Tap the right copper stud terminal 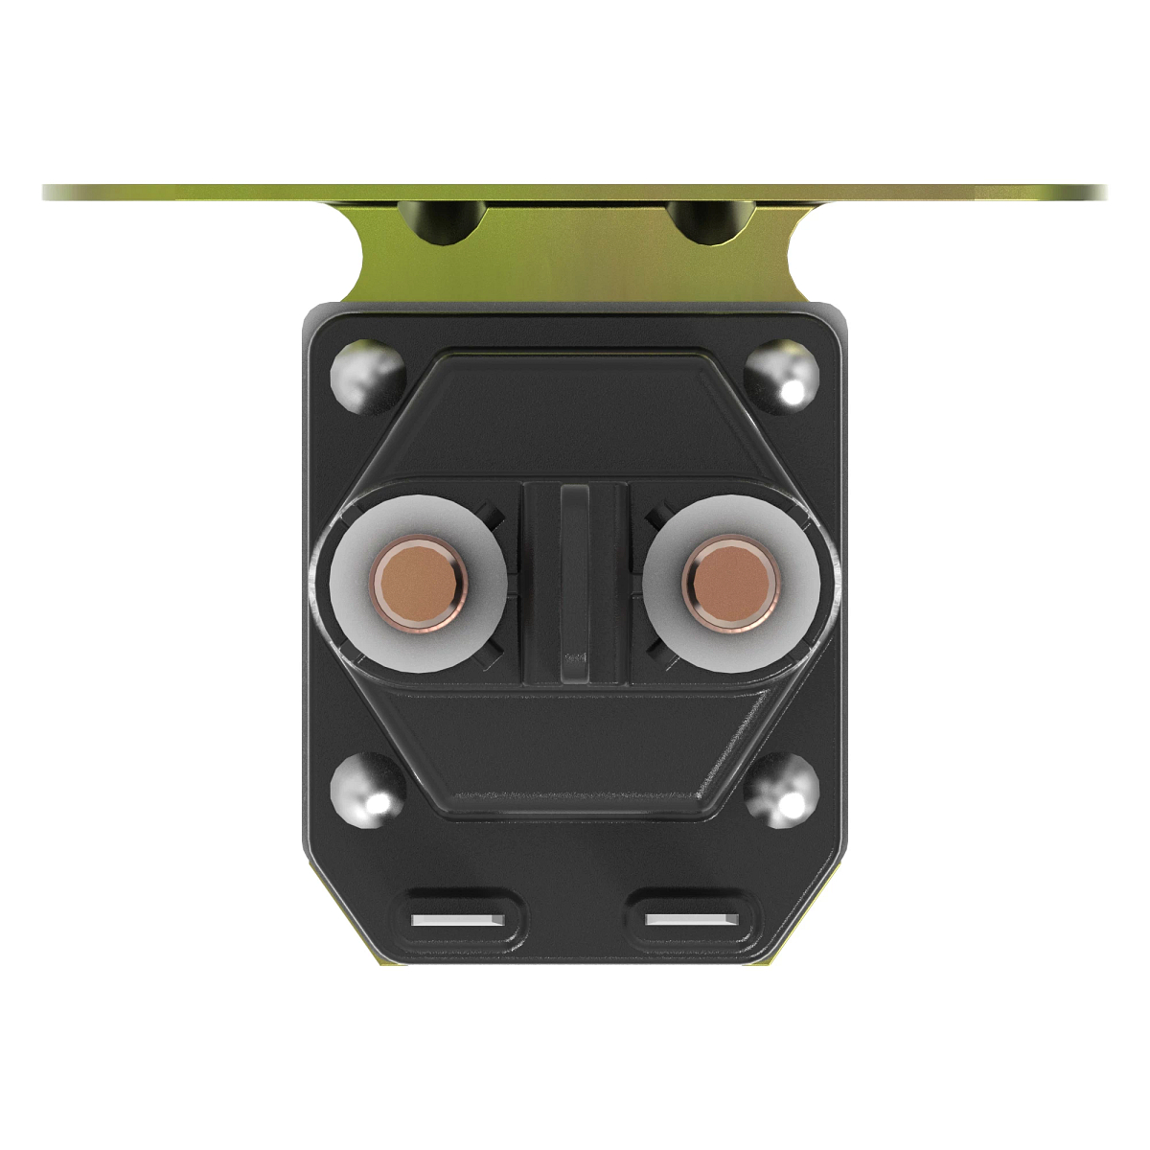tap(731, 583)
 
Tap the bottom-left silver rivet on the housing tap(367, 789)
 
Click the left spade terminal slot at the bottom tap(458, 919)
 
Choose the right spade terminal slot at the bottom tap(692, 919)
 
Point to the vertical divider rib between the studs tap(575, 575)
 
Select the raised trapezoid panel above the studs tap(575, 412)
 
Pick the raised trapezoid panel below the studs tap(575, 747)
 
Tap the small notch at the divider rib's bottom tap(575, 659)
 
